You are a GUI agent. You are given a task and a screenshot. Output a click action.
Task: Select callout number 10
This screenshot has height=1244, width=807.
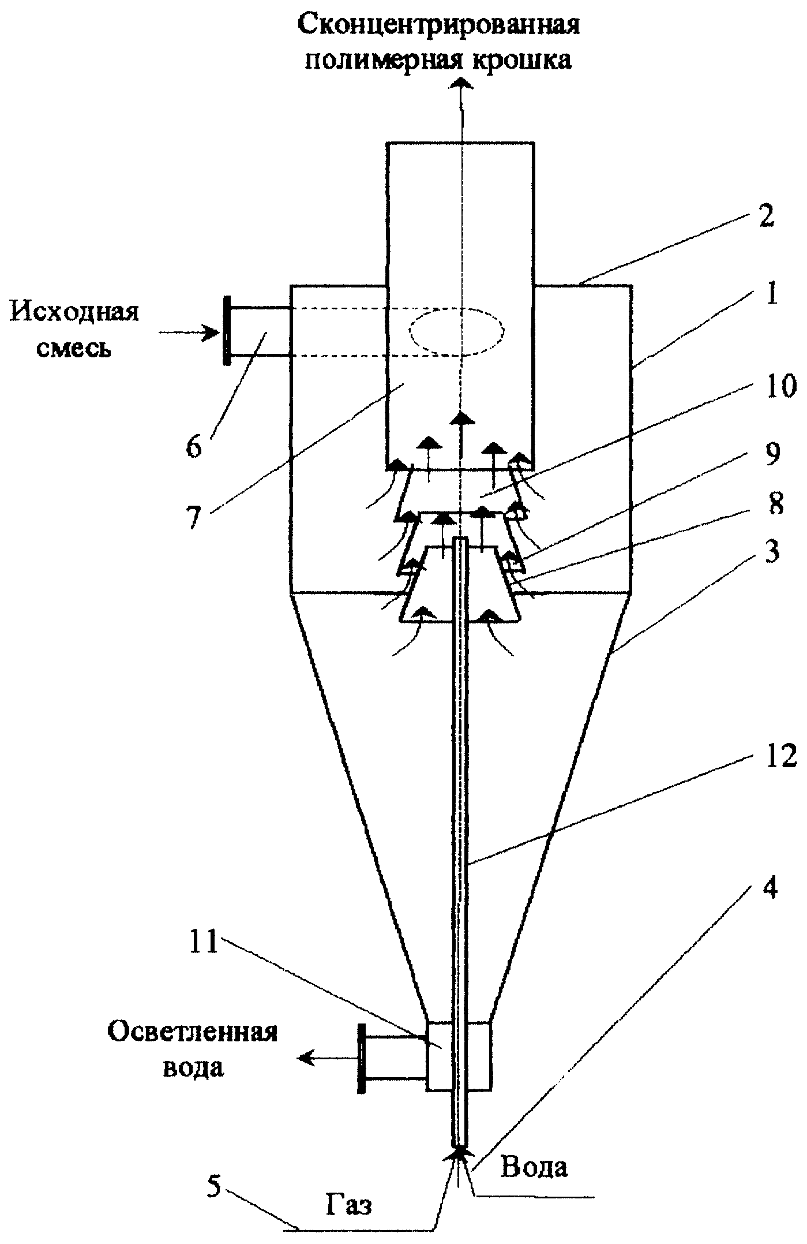776,387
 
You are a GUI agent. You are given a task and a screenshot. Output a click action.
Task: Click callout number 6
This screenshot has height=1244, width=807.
194,447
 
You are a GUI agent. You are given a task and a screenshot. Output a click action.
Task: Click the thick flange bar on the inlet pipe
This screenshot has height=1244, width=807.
227,331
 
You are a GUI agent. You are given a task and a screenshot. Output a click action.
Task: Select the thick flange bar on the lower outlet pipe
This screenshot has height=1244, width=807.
362,1058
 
